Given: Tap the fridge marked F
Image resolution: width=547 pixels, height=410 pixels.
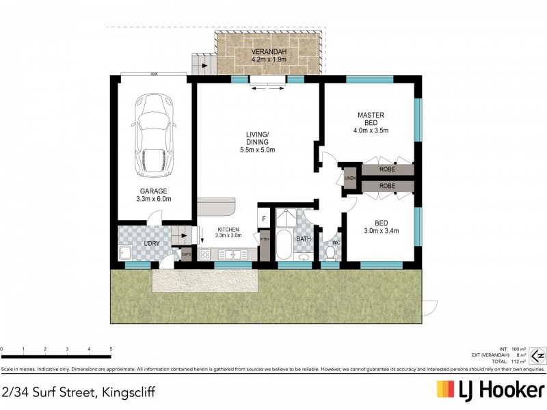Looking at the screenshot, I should pos(265,219).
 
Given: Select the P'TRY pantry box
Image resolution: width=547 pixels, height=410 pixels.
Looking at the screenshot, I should pos(265,239).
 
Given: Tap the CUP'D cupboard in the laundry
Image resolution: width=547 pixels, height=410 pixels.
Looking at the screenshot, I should pos(185,254).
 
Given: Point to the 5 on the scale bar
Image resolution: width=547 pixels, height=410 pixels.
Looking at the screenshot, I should pos(110,350).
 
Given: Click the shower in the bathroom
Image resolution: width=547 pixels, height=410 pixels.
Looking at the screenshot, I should pos(286,218).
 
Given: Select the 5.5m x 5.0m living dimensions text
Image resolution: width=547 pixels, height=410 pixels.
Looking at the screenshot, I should pos(257,150).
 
